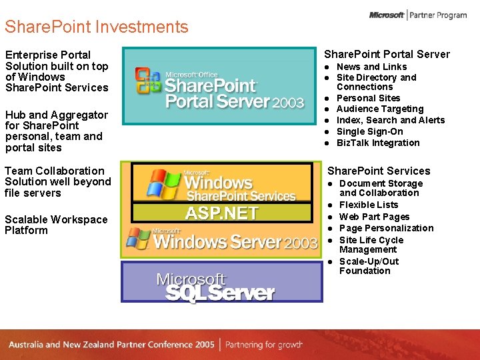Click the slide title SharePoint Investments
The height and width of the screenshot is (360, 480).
97,27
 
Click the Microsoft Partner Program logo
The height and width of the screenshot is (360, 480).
418,15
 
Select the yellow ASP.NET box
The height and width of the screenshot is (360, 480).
221,213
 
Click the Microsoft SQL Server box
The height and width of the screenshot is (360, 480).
221,282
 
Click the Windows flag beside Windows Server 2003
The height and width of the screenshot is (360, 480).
138,238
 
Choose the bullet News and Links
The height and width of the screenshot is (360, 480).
371,67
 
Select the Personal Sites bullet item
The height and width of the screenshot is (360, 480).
368,98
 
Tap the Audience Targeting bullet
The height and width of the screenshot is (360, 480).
379,109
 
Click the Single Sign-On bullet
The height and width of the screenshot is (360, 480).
369,132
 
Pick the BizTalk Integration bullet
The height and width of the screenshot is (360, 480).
378,143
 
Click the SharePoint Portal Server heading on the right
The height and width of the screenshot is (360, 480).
387,55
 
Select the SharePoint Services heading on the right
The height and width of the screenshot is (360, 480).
379,171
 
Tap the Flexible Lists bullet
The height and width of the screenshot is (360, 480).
368,205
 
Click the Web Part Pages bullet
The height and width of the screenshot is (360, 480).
374,217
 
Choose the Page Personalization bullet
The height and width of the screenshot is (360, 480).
386,228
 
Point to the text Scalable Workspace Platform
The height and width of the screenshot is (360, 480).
56,225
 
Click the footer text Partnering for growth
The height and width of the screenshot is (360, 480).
264,345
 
